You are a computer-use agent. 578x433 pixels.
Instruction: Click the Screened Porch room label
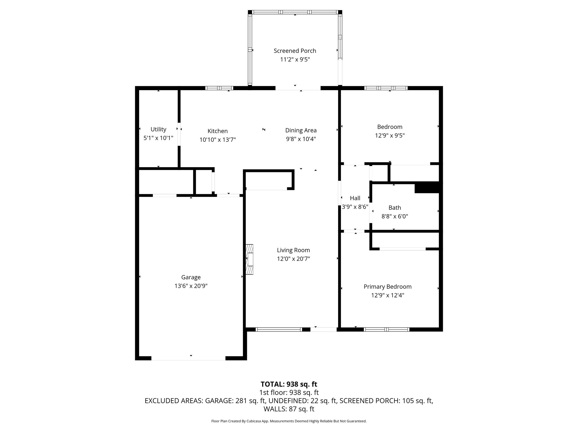point(295,51)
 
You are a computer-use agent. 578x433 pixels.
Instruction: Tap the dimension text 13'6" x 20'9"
point(191,286)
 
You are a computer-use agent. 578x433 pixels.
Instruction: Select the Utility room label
point(158,129)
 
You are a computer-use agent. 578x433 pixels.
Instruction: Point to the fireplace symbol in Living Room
point(249,259)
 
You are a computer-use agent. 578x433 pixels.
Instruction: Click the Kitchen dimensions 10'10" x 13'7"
point(217,140)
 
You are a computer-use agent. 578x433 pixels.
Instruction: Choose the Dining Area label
point(301,130)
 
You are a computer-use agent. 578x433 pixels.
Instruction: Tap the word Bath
point(395,207)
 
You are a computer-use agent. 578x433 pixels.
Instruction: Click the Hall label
point(355,198)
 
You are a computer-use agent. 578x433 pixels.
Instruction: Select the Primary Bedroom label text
point(387,286)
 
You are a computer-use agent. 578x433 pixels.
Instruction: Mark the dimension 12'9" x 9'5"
point(389,135)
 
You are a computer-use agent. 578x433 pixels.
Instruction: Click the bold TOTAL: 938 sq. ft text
point(289,384)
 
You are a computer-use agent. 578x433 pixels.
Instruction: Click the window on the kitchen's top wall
point(219,88)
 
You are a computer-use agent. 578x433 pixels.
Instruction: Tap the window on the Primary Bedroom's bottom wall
point(386,329)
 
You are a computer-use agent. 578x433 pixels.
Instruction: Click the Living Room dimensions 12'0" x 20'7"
point(293,259)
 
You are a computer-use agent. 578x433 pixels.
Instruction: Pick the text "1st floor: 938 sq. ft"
point(289,392)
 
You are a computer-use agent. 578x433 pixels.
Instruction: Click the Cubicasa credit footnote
point(289,421)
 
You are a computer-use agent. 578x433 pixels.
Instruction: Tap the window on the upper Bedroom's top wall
point(386,88)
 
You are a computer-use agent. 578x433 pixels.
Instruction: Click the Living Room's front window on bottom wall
point(279,329)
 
